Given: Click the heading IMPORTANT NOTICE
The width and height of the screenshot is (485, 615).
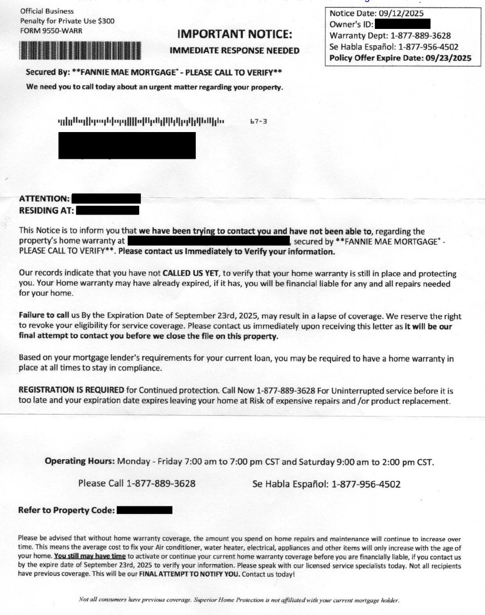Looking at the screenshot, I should click(x=235, y=34).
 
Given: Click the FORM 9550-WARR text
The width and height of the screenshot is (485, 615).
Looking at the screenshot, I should click(x=51, y=30).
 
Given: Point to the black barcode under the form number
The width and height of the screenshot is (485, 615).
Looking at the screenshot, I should click(x=80, y=50).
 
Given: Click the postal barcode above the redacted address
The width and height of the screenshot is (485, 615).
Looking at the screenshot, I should click(x=141, y=121).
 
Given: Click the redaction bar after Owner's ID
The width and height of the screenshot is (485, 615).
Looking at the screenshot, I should click(x=403, y=24).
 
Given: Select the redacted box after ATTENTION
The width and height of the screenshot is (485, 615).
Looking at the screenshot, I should click(x=106, y=199).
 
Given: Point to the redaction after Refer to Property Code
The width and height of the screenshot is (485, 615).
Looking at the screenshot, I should click(x=145, y=510).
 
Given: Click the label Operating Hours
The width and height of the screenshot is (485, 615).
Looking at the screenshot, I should click(x=80, y=462).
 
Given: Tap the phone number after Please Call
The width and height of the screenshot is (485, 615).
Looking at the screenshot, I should click(x=161, y=483).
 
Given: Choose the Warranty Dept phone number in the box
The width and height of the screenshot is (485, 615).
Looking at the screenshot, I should click(x=421, y=36).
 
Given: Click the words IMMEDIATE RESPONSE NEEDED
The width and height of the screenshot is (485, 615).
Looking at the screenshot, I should click(x=235, y=51).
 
